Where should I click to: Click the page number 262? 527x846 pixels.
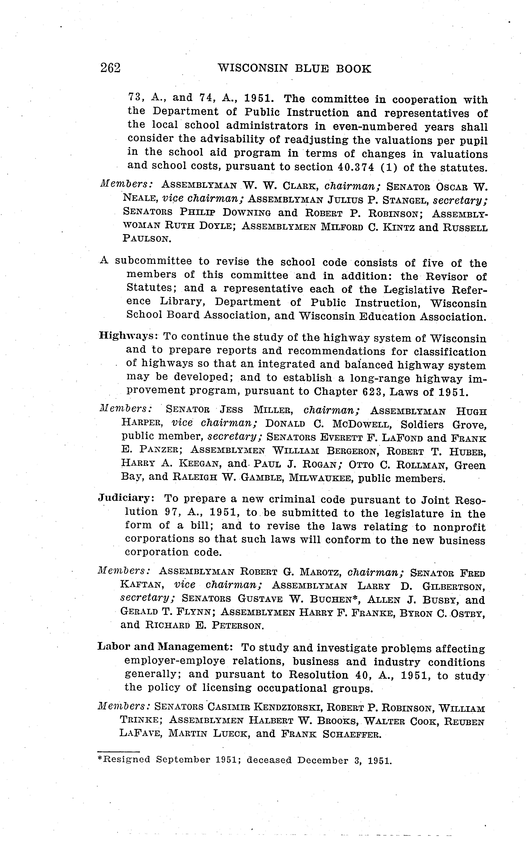[110, 68]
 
